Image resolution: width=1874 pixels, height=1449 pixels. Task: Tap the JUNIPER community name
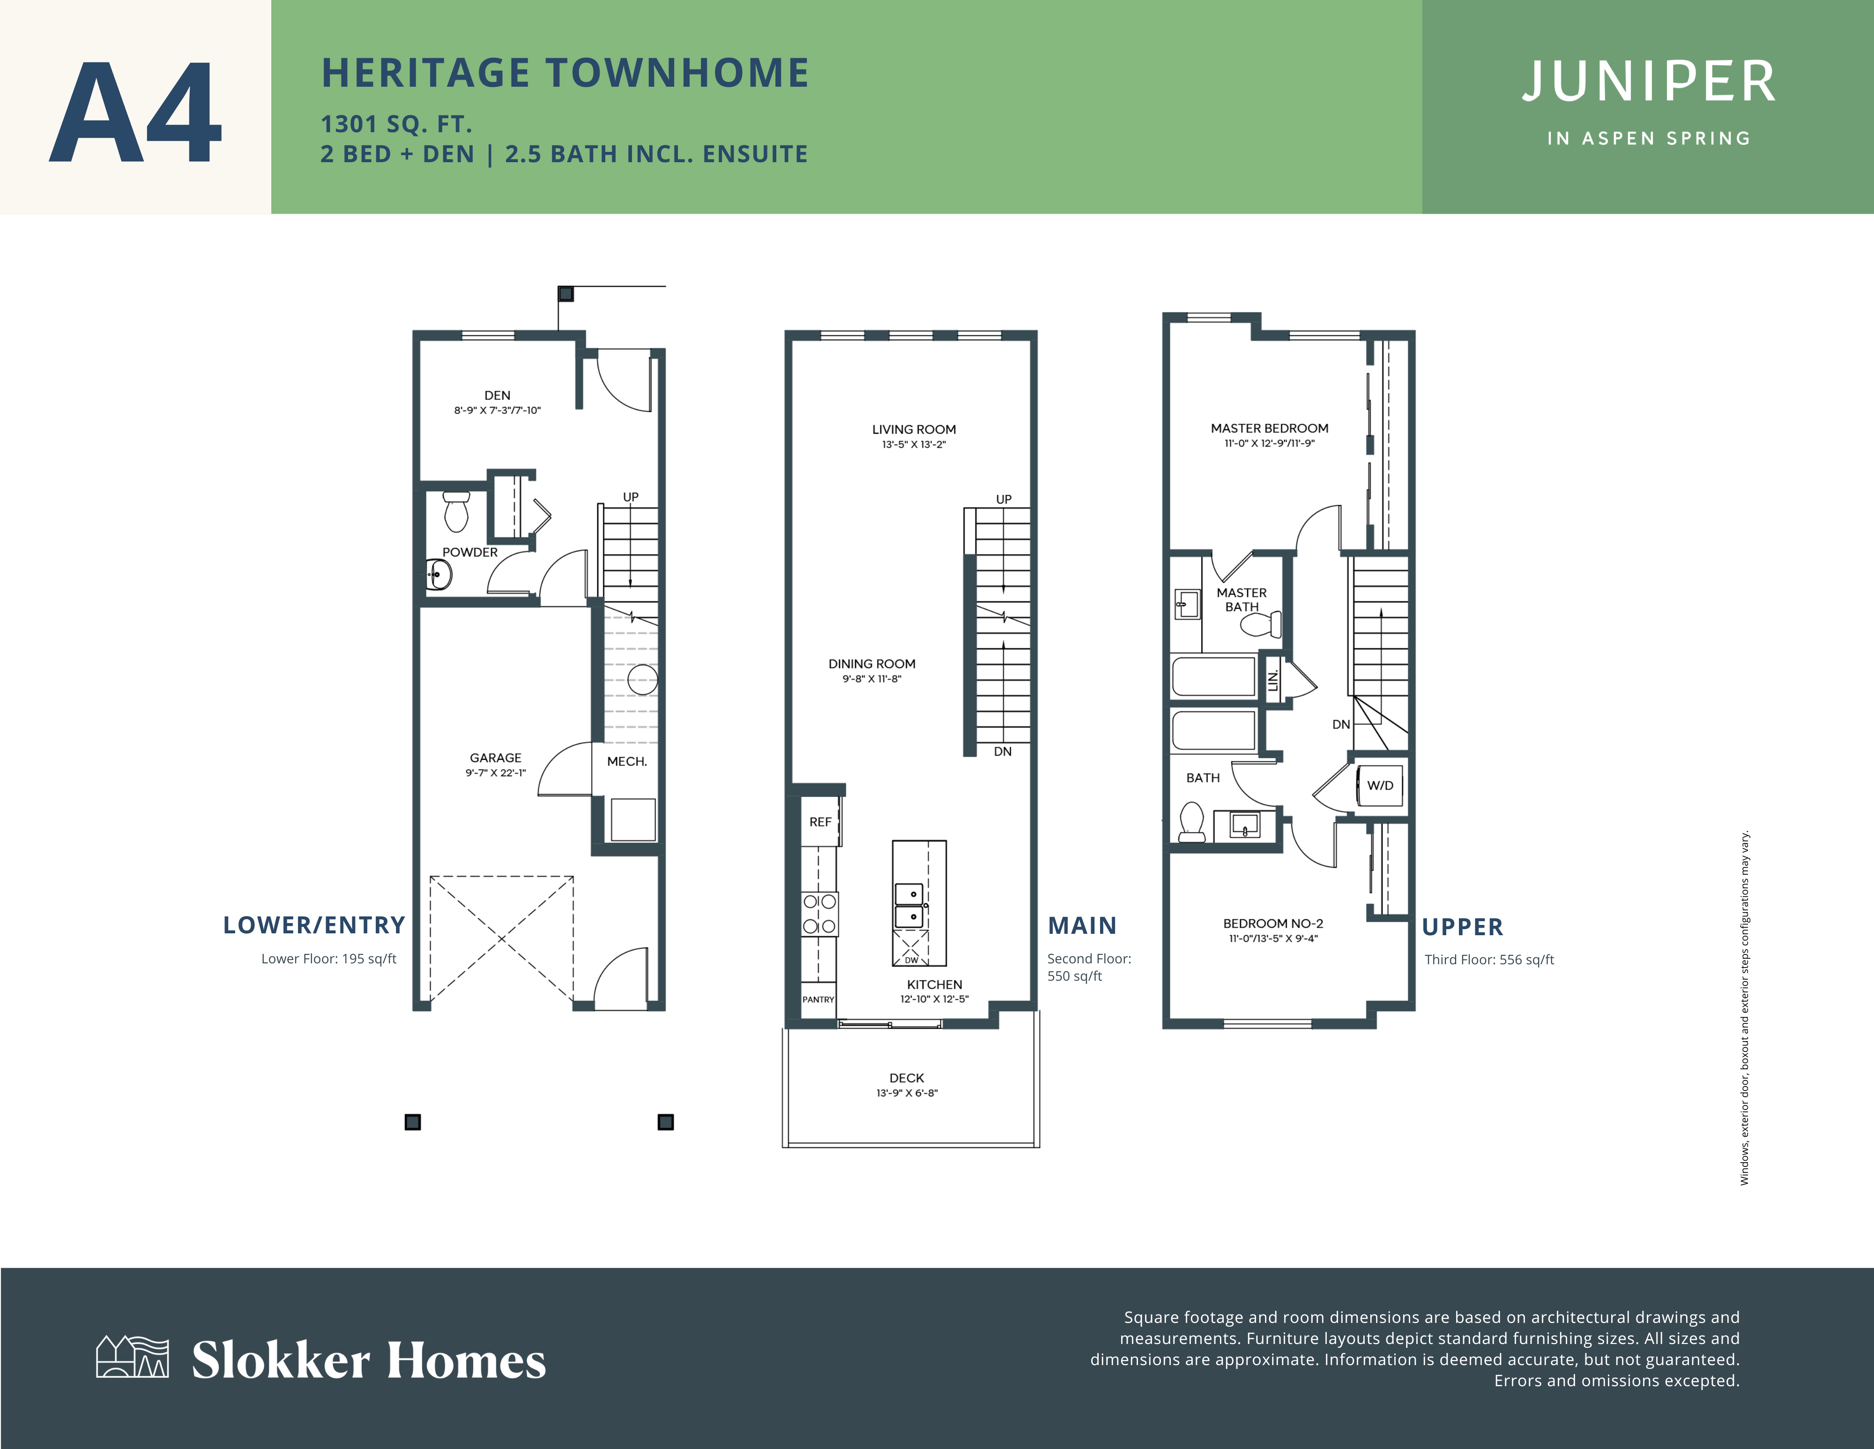click(x=1648, y=83)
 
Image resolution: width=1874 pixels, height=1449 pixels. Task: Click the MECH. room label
click(x=627, y=761)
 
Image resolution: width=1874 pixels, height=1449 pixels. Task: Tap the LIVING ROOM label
click(x=914, y=429)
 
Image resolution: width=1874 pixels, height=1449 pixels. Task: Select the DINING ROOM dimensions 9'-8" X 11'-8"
click(x=872, y=679)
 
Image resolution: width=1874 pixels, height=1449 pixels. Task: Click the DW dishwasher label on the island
click(x=911, y=960)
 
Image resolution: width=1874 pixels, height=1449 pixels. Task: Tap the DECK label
click(x=907, y=1078)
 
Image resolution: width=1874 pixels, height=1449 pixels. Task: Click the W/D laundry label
click(x=1380, y=786)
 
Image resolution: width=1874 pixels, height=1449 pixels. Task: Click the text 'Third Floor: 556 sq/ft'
click(x=1489, y=960)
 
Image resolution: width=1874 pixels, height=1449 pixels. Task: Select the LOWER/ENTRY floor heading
click(x=314, y=925)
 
